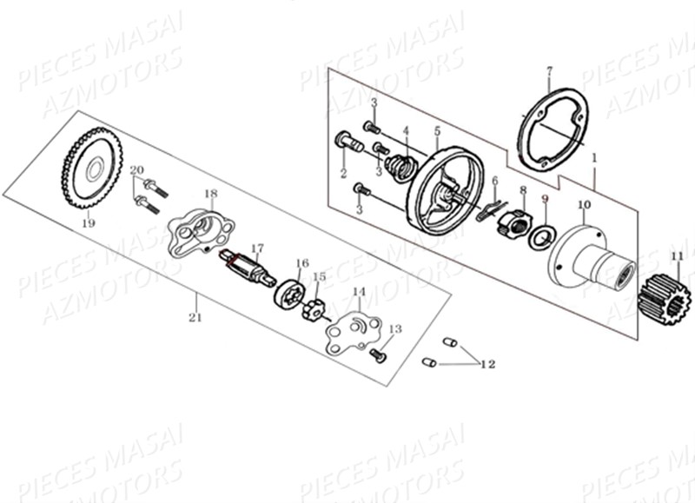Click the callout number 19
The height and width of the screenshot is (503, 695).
(x=88, y=223)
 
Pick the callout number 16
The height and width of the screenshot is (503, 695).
(x=302, y=262)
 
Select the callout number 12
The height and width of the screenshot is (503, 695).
(x=487, y=364)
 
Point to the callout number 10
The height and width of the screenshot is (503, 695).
(x=583, y=205)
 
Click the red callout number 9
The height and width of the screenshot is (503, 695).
(x=545, y=199)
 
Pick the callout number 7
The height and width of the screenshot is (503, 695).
(x=549, y=69)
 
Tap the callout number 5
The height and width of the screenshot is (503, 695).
(x=437, y=130)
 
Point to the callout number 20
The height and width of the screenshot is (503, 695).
(x=136, y=169)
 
